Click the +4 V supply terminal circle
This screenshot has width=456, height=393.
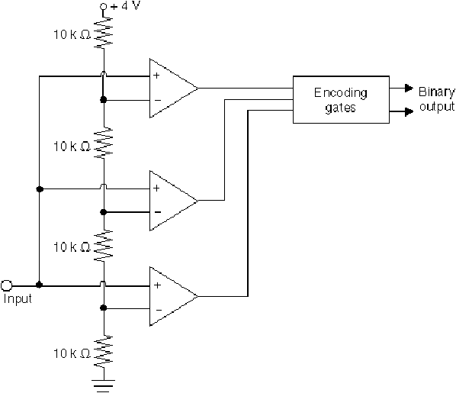pyautogui.click(x=103, y=7)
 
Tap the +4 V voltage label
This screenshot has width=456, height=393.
pyautogui.click(x=125, y=6)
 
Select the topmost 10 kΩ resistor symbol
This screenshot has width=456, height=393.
pyautogui.click(x=104, y=32)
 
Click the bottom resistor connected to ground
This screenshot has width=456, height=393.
pyautogui.click(x=104, y=352)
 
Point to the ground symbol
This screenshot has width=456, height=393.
pyautogui.click(x=104, y=385)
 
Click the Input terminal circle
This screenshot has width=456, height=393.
pyautogui.click(x=6, y=285)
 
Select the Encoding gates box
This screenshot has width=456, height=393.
pyautogui.click(x=341, y=100)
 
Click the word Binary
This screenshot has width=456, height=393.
pyautogui.click(x=436, y=92)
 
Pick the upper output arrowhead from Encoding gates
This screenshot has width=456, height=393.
pyautogui.click(x=409, y=88)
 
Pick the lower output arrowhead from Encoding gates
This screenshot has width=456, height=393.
pyautogui.click(x=409, y=111)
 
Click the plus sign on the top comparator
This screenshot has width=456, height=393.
pyautogui.click(x=156, y=76)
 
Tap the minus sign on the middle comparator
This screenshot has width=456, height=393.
pyautogui.click(x=158, y=212)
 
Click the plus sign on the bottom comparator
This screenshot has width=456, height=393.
pyautogui.click(x=157, y=285)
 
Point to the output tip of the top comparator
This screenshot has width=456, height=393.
pyautogui.click(x=197, y=88)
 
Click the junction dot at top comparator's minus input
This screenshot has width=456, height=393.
pyautogui.click(x=103, y=99)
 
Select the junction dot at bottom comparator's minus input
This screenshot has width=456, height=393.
pyautogui.click(x=103, y=308)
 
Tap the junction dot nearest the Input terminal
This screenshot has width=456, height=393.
pyautogui.click(x=39, y=285)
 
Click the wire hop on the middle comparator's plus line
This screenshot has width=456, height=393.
pyautogui.click(x=103, y=186)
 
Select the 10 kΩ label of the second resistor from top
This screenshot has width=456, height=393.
pyautogui.click(x=72, y=147)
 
